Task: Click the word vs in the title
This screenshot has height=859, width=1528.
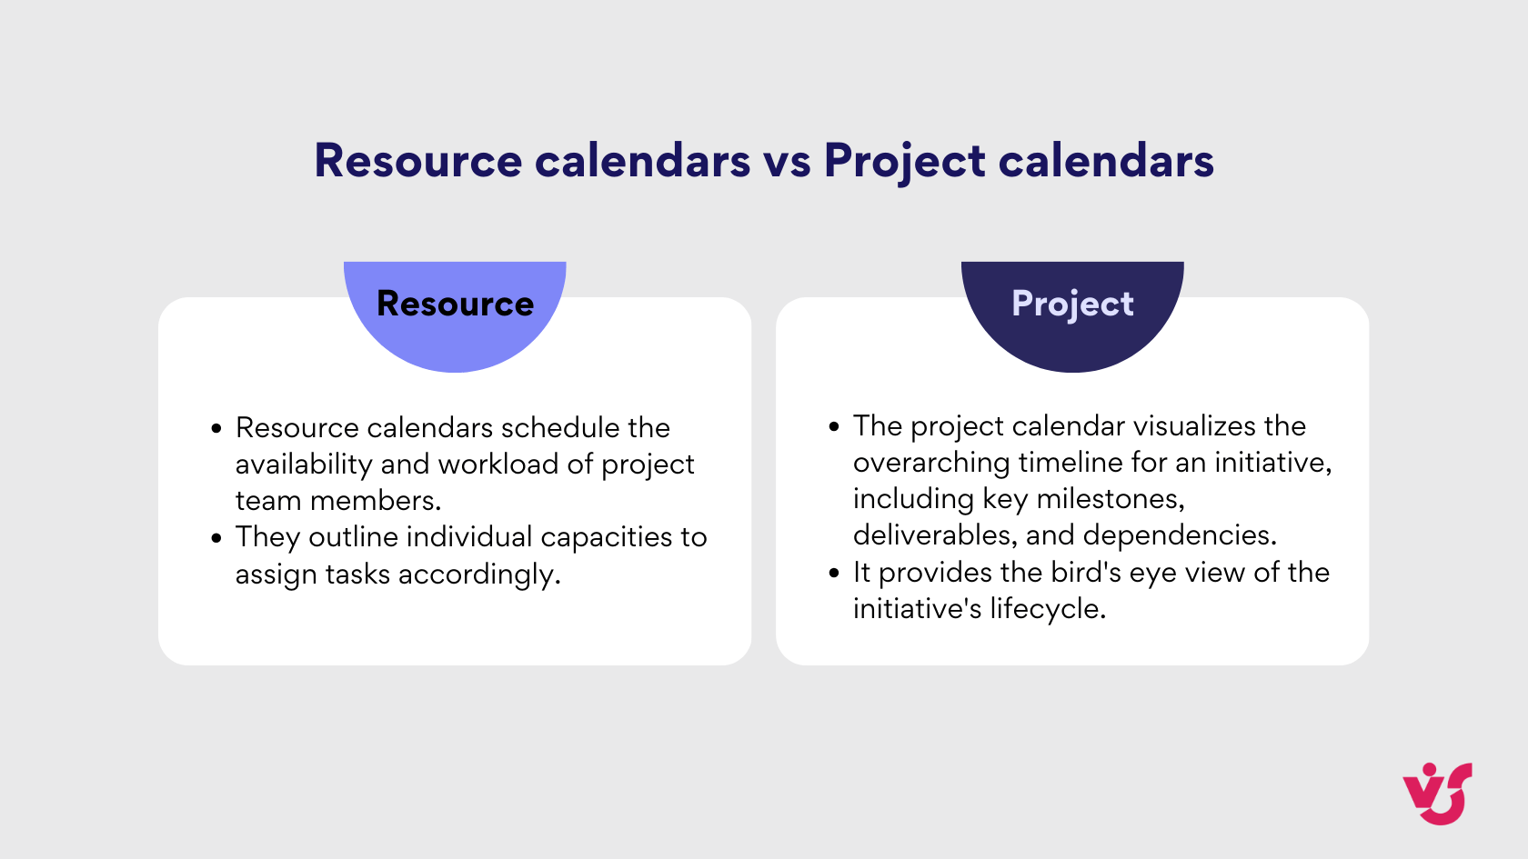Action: (x=787, y=162)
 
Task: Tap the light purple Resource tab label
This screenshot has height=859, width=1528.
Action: (x=455, y=304)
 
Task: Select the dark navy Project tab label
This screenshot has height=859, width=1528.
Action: (x=1072, y=304)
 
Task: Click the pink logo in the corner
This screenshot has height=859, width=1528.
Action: (x=1437, y=794)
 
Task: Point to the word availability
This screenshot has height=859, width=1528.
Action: (x=304, y=464)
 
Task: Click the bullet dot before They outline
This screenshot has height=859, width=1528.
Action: (x=216, y=538)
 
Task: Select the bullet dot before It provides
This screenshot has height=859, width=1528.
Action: (x=834, y=574)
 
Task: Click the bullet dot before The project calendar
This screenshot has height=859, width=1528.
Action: (x=834, y=427)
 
